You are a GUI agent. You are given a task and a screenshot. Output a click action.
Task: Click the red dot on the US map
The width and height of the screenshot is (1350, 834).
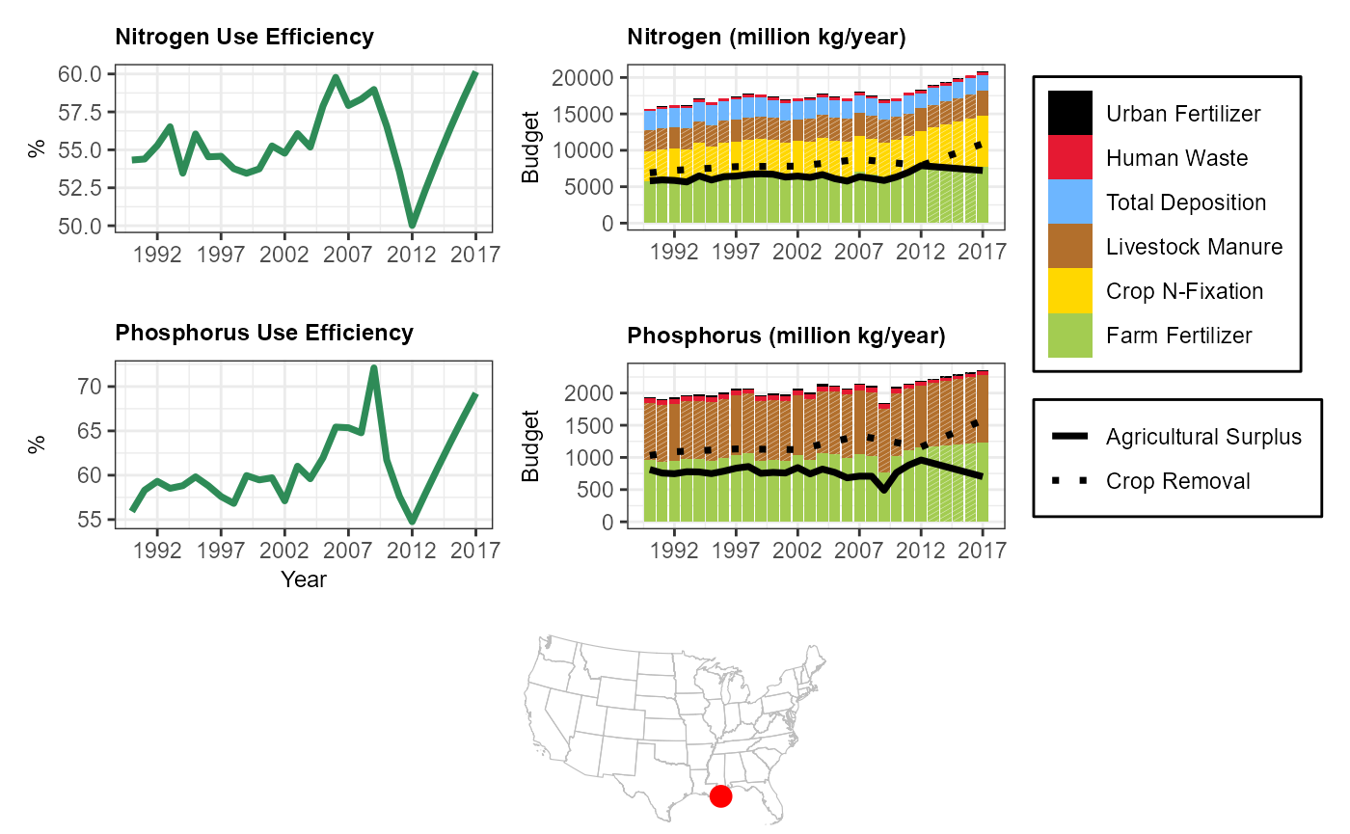720,795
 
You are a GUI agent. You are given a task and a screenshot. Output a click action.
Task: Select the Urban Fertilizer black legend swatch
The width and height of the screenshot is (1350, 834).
1070,113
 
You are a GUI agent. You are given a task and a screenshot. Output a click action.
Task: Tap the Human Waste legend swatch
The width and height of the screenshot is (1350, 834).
1070,157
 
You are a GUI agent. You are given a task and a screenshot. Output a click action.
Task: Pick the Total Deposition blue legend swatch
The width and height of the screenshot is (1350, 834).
1070,202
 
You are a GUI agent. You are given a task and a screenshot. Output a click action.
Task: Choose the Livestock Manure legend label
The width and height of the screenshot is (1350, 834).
1194,247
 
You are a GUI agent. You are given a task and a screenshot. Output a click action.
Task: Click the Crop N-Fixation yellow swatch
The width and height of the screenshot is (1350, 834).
1070,290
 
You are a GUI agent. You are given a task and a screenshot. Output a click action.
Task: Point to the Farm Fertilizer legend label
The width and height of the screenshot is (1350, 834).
1178,336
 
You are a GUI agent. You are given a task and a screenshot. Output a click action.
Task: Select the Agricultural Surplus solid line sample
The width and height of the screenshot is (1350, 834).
1070,437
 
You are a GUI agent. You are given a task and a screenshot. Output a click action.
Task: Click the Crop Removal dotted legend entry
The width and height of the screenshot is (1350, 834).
1070,481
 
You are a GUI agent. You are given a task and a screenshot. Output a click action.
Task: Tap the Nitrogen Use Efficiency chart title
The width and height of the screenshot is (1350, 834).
244,38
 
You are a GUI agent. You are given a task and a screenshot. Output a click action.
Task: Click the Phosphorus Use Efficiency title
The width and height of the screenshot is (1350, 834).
263,333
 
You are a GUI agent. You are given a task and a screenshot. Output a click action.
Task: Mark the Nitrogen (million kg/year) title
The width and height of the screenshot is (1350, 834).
766,38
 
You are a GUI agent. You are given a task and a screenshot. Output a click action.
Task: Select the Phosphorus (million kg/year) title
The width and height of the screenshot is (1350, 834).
786,336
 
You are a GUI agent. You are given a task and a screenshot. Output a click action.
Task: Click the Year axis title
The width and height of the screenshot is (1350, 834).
304,579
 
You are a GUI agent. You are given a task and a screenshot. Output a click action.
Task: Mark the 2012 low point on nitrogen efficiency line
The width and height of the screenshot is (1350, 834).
413,225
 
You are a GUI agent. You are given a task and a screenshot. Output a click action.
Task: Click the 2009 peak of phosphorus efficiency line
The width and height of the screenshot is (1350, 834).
374,368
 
